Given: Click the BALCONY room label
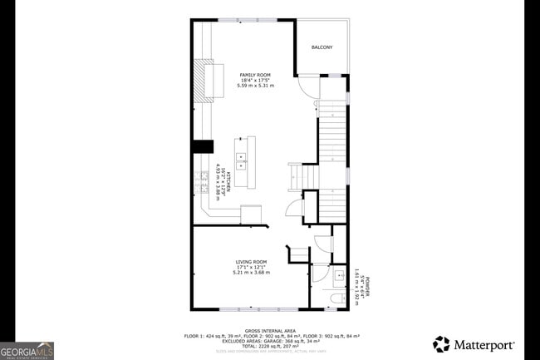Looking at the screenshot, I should [322, 47].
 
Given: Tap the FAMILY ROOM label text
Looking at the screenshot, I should [255, 75].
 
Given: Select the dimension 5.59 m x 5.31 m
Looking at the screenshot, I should [255, 86].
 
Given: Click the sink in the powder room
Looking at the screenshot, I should [340, 276].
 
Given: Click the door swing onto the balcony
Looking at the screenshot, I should [307, 86].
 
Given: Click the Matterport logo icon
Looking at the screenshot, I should [442, 344].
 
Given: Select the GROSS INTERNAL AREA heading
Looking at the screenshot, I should [269, 330].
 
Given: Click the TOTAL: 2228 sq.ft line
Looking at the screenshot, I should [269, 345].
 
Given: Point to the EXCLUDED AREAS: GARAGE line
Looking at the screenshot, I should [269, 340].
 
